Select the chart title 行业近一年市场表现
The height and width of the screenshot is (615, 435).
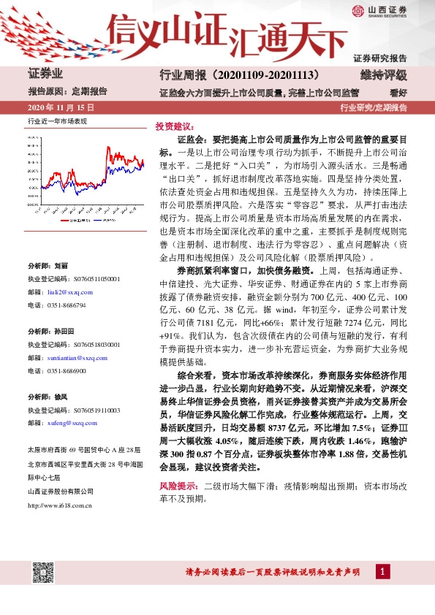tap(57, 121)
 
